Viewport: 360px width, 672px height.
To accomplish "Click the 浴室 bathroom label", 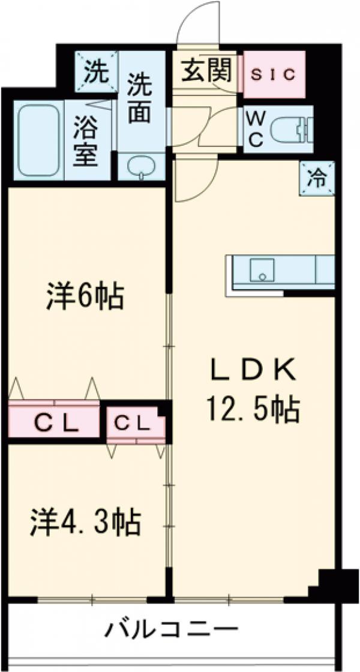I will [x=86, y=143].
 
